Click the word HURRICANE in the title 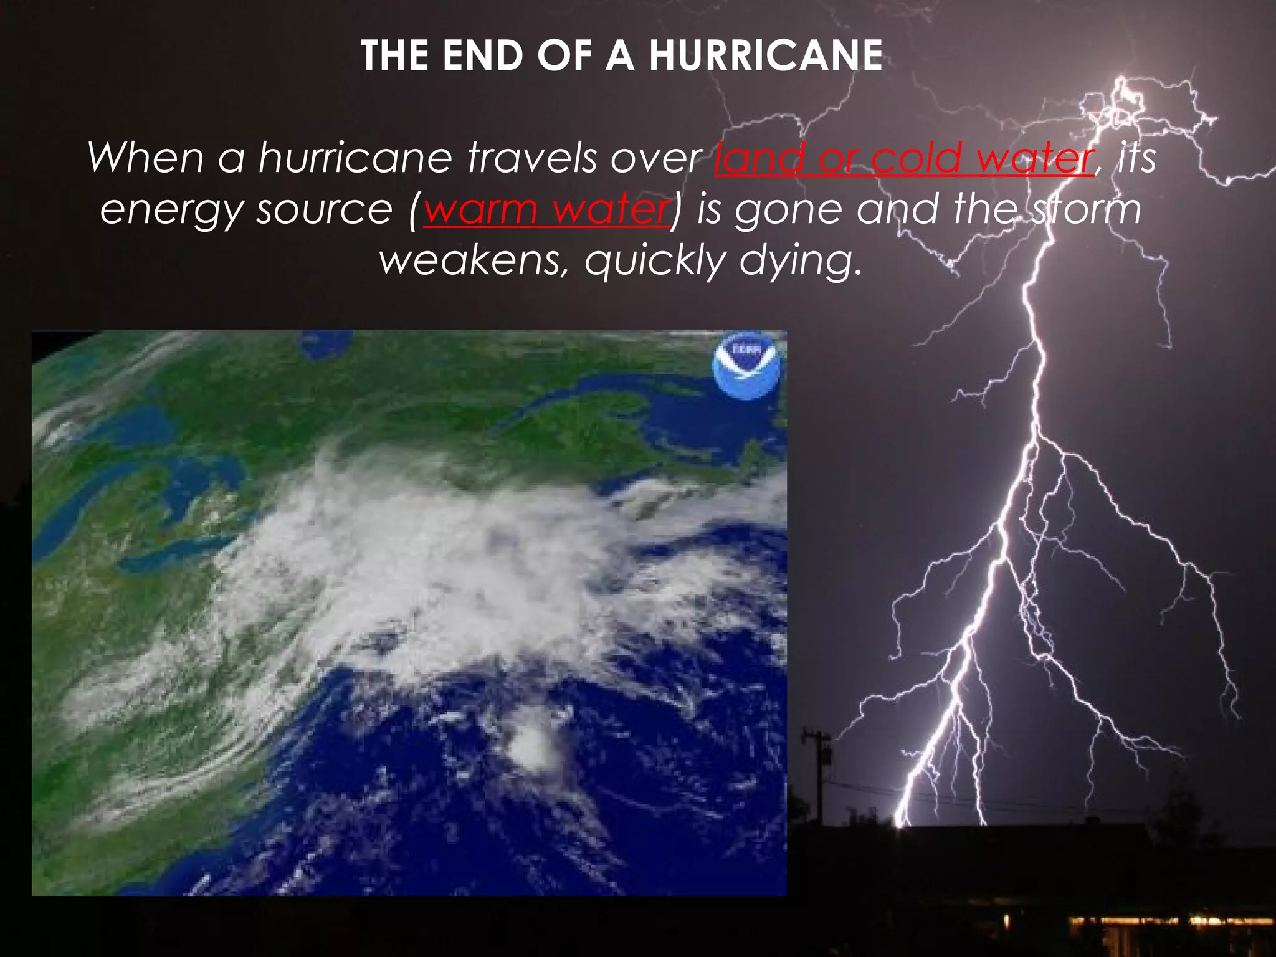pos(766,56)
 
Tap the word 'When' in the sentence pos(145,158)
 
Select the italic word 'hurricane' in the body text pos(355,158)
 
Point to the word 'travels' pos(533,158)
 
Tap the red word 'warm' pos(480,209)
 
